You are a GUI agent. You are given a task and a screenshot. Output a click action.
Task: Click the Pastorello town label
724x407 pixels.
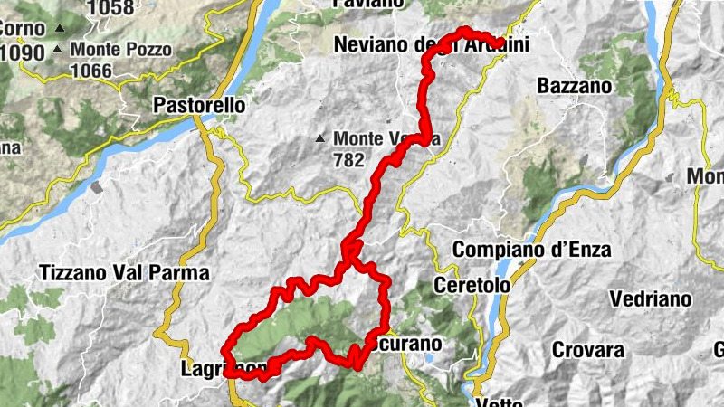pos(199,105)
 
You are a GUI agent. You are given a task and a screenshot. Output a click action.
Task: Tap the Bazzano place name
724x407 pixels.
pos(574,87)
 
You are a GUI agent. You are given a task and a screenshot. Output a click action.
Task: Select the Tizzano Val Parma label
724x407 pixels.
pos(124,272)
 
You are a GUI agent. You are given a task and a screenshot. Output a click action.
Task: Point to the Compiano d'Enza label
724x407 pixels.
pos(533,250)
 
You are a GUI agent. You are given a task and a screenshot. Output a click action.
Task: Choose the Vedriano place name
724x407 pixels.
pos(650,298)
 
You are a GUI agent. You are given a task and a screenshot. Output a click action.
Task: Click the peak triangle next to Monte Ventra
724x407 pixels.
pos(319,139)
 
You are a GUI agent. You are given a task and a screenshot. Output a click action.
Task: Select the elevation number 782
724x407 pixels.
pos(348,160)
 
